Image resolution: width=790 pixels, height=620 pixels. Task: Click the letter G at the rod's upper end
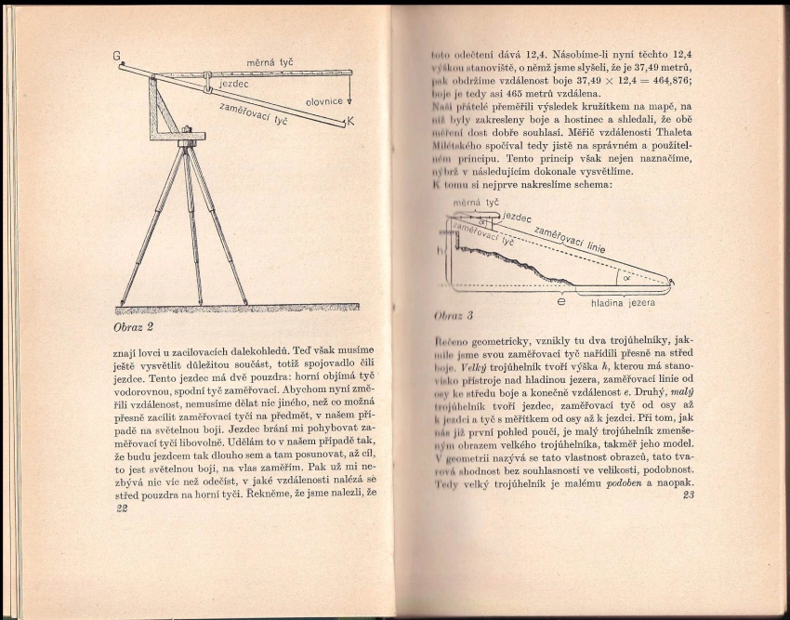point(118,57)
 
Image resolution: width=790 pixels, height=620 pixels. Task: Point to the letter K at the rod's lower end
point(350,122)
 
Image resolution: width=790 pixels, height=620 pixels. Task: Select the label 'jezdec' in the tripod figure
point(238,84)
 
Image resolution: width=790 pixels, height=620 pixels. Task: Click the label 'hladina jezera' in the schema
point(623,302)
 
